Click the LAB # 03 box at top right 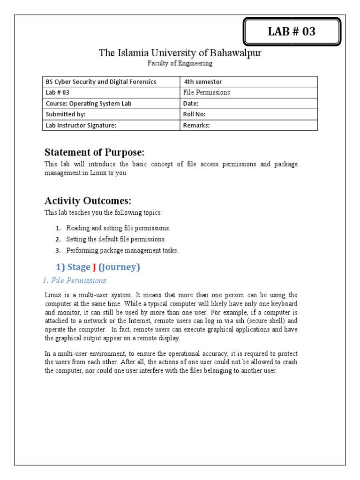(292, 32)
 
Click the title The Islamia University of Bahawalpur (180, 53)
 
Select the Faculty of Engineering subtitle (180, 63)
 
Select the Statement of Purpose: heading (94, 152)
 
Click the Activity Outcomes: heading (88, 201)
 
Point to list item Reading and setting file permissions (118, 228)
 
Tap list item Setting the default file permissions (116, 239)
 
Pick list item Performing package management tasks (122, 250)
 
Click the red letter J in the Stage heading (94, 267)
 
